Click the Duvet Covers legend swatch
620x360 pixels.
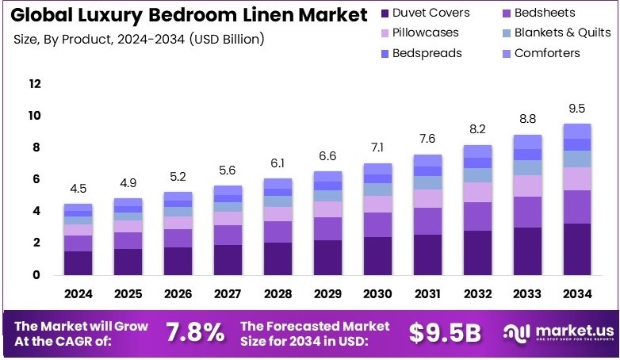(385, 13)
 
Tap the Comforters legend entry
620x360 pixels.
(547, 53)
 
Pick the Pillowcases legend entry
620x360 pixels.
(425, 33)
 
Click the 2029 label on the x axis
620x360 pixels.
(327, 294)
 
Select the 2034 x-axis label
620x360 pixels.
(577, 294)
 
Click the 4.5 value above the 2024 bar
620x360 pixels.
(78, 189)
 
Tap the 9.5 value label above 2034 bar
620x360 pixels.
(577, 109)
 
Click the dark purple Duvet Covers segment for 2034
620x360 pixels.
(577, 249)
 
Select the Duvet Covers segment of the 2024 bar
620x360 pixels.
(78, 262)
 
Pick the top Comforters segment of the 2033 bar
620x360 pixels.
(527, 142)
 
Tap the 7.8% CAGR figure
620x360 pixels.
(194, 333)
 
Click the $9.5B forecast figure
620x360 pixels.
(445, 333)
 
